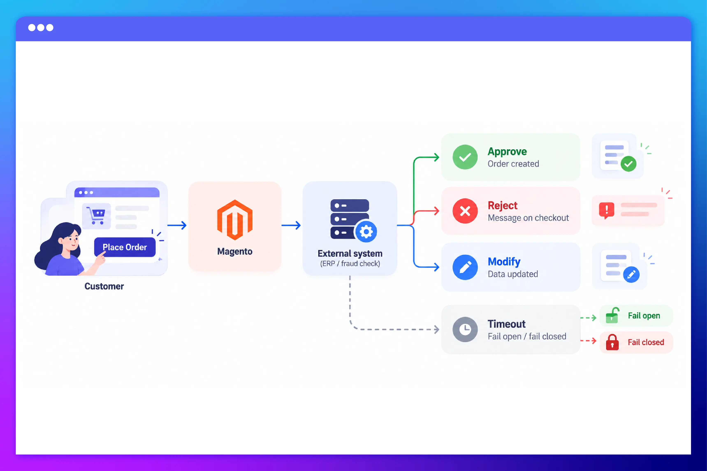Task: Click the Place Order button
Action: [x=125, y=247]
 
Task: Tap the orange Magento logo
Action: [x=235, y=220]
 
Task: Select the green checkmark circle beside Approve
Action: [x=465, y=157]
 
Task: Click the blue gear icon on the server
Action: [x=366, y=232]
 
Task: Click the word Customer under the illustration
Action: [x=104, y=286]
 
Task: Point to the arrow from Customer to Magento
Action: [x=177, y=225]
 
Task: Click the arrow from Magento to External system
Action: [x=291, y=225]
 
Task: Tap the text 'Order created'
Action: [x=513, y=164]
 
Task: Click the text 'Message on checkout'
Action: [x=528, y=218]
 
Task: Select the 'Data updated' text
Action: [x=513, y=274]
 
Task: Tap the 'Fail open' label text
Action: [x=644, y=316]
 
